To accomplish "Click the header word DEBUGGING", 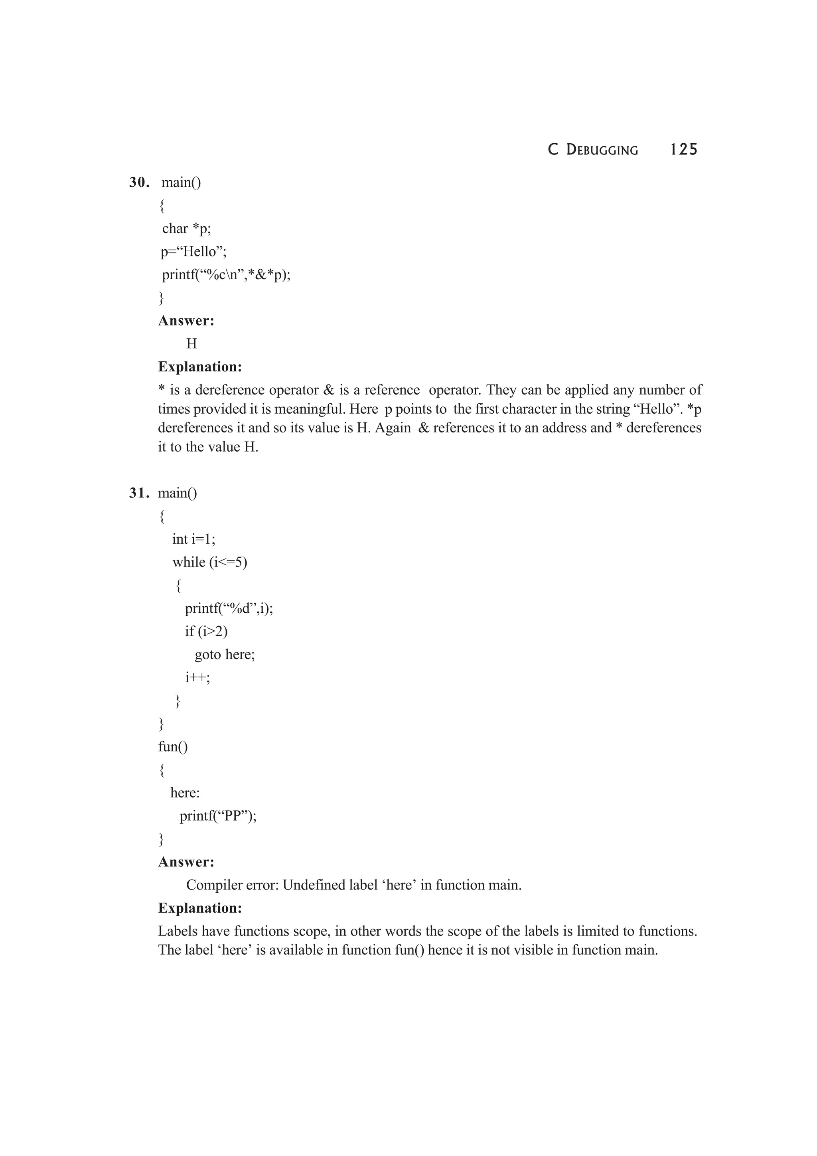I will [602, 150].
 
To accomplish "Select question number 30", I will [139, 182].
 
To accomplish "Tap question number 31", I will [139, 493].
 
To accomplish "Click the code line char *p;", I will [186, 229].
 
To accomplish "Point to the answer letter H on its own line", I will [191, 344].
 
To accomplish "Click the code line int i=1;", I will [193, 539].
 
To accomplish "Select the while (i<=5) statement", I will [209, 562].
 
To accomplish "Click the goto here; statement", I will [225, 655].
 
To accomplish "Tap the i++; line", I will [197, 678].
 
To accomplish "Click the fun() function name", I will [173, 747].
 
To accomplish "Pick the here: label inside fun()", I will [185, 793].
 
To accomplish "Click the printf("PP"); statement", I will [218, 816].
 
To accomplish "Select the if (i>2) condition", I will [206, 631].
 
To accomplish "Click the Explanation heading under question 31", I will [200, 908].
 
